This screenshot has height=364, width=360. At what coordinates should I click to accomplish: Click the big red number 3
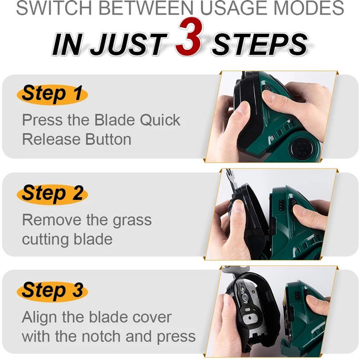point(189,37)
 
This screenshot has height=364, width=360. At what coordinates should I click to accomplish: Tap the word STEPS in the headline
point(260,44)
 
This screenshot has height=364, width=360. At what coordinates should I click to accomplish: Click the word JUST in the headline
point(128,44)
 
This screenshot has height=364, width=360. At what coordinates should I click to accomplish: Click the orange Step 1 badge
point(52,94)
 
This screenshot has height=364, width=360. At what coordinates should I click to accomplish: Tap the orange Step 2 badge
point(52,193)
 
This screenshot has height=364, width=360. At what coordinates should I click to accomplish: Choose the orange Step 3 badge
point(52,290)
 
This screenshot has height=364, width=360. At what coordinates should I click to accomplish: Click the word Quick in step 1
point(160,120)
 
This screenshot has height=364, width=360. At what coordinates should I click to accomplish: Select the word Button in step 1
point(108,139)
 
